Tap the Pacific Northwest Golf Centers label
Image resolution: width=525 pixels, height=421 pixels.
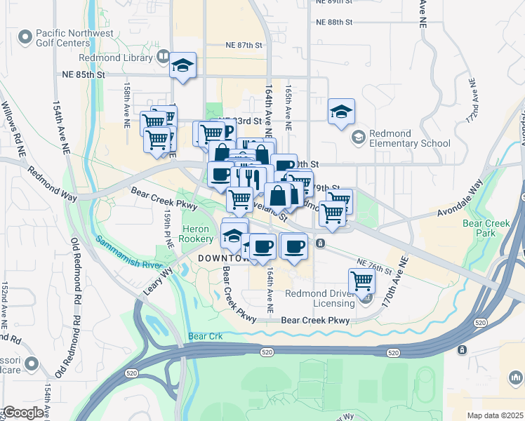(x=69, y=39)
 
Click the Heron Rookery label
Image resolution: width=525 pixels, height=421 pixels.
(x=196, y=234)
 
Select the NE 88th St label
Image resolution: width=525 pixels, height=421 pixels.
(x=334, y=22)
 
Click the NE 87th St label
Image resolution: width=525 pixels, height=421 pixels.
(x=244, y=45)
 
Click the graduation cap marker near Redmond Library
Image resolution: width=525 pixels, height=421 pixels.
(x=183, y=65)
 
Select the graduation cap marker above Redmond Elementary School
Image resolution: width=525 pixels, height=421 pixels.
(x=341, y=111)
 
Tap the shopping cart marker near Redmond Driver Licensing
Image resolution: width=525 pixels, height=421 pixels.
(x=361, y=280)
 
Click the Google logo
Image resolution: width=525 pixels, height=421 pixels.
(x=22, y=413)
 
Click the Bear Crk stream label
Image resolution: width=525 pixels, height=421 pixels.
(x=206, y=337)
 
